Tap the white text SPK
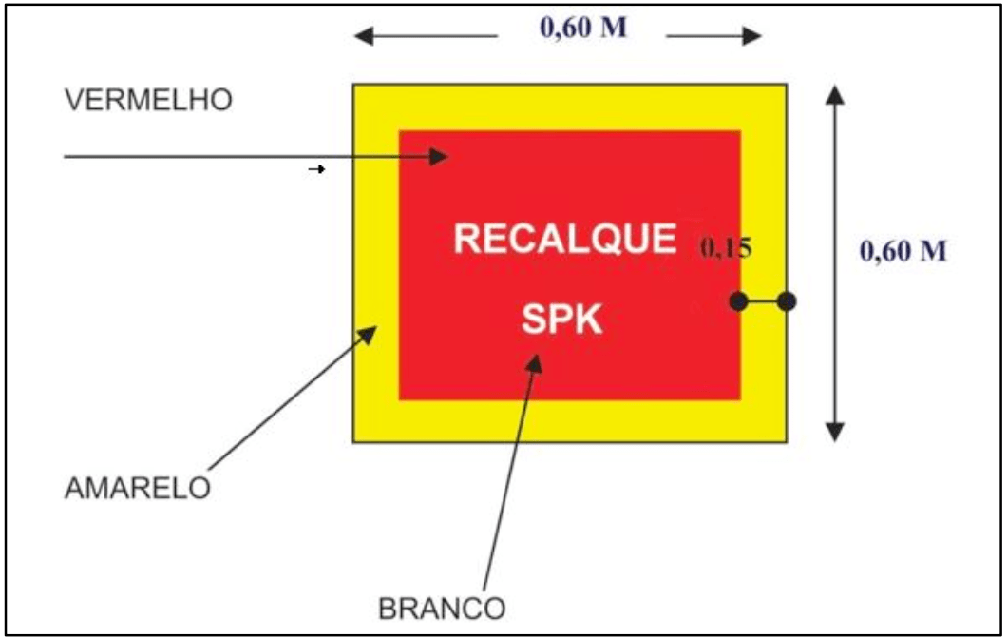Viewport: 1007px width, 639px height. [x=561, y=319]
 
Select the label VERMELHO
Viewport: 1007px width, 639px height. [x=147, y=102]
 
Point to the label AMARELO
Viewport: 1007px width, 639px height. [x=137, y=488]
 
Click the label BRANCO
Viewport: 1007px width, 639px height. [x=443, y=608]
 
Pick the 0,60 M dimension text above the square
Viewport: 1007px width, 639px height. [x=583, y=29]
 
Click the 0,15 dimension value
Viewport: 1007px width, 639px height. [x=727, y=249]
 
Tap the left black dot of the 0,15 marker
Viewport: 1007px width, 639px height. [x=738, y=301]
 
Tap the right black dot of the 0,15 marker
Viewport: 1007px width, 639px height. [x=786, y=301]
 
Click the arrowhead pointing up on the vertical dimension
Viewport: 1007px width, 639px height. [x=834, y=93]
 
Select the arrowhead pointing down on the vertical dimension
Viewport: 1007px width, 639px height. [x=834, y=432]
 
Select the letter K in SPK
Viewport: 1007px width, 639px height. [x=589, y=319]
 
